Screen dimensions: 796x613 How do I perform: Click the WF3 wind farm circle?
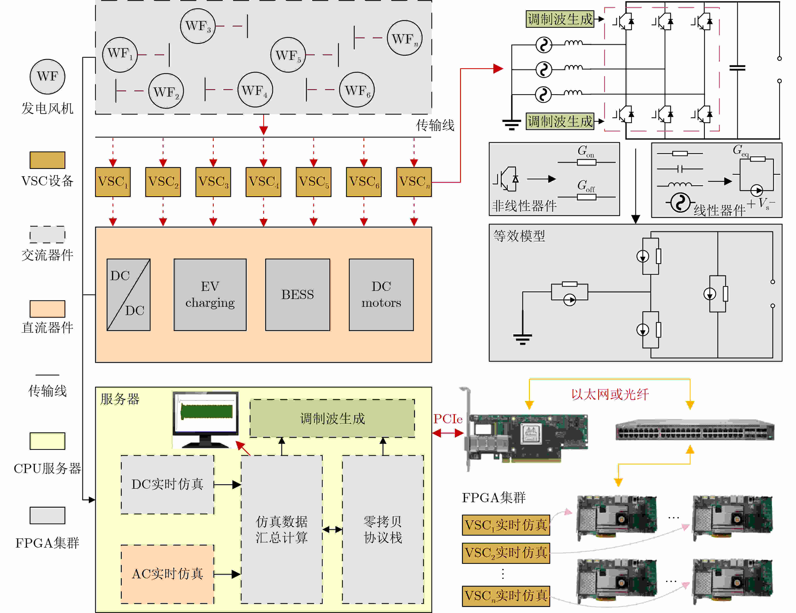coord(198,26)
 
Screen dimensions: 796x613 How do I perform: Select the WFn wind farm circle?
coord(405,38)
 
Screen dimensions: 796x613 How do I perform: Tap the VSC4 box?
coord(263,182)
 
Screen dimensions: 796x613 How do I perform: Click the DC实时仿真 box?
coord(167,484)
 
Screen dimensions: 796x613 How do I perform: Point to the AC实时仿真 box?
coord(167,574)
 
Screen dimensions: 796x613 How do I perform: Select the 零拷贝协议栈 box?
coord(383,529)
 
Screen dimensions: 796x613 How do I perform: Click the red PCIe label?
coord(448,419)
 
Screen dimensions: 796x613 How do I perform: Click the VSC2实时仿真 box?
coord(506,553)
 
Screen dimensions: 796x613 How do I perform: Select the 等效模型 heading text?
coord(519,236)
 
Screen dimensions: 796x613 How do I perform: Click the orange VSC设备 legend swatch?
coord(47,160)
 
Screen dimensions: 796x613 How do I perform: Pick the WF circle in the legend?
coord(47,77)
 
